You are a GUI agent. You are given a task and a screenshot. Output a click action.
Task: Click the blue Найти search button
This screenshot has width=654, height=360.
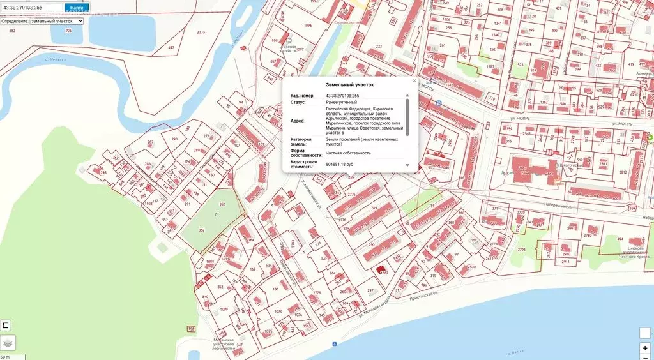tap(77, 8)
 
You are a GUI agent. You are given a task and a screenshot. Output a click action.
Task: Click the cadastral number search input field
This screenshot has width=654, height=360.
tap(32, 8)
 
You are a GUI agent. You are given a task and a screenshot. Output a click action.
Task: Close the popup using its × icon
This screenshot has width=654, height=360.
tap(414, 81)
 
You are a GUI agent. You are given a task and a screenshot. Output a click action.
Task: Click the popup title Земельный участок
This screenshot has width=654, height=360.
tap(349, 84)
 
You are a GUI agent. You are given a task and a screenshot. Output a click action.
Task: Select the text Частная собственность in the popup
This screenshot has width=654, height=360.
tap(348, 153)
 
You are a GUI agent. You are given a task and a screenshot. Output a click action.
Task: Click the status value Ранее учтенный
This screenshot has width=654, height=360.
tap(341, 102)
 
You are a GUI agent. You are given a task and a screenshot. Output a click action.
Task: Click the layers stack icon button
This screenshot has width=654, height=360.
tap(8, 343)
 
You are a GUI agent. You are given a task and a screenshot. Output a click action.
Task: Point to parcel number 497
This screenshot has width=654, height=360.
tap(171, 48)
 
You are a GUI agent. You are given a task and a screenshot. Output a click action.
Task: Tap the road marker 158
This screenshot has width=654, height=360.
tap(192, 329)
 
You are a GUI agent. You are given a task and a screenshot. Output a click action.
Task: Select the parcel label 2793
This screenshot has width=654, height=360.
tap(521, 250)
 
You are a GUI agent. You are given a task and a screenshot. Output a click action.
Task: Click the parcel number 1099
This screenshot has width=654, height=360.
tap(224, 309)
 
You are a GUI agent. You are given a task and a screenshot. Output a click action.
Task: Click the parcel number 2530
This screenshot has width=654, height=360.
tap(471, 267)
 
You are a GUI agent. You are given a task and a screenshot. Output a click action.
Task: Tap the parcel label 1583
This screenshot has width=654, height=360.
tap(490, 66)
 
